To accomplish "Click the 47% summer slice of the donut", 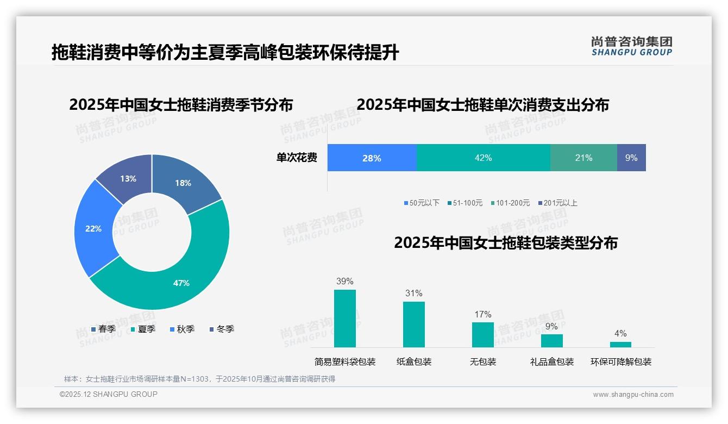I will click(181, 283).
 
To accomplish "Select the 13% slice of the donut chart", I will click(128, 178).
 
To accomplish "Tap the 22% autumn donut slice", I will click(93, 228).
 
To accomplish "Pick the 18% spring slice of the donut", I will click(183, 183).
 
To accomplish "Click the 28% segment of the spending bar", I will click(372, 158).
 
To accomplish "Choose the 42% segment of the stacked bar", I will click(483, 158).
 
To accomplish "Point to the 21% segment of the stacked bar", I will click(583, 158).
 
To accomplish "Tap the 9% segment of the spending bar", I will click(631, 158).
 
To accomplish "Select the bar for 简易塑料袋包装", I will click(345, 319).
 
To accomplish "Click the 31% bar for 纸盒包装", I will click(413, 325).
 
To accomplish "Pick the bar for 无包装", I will click(482, 335).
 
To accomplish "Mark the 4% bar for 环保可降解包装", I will click(620, 345).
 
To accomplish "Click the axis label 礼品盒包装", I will click(551, 362).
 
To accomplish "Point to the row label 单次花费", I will click(297, 158).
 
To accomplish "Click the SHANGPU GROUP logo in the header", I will click(631, 46).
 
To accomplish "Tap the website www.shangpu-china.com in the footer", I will click(633, 395).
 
